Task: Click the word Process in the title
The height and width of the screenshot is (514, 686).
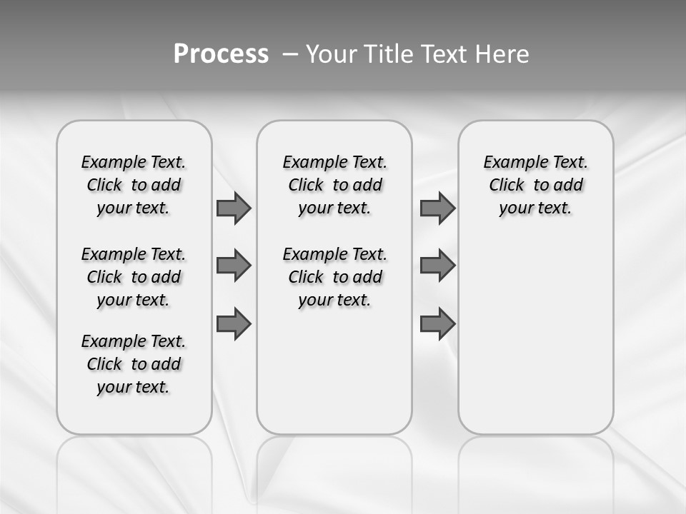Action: coord(221,54)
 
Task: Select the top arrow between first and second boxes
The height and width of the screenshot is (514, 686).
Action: coord(234,208)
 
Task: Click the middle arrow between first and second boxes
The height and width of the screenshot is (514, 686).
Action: coord(234,266)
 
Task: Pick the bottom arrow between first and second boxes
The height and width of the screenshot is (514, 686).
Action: coord(234,324)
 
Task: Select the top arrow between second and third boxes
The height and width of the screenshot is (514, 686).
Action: coord(437,208)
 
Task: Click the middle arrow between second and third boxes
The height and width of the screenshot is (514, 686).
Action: coord(437,266)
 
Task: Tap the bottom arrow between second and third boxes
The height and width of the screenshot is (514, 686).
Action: coord(437,324)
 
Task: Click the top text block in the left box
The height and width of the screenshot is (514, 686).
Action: coord(134,185)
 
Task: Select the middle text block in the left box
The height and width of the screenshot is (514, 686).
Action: coord(134,277)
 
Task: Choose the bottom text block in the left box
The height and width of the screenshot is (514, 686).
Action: coord(134,364)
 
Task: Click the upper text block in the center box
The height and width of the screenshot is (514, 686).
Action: coord(334,185)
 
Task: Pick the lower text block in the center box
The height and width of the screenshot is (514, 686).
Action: coord(334,277)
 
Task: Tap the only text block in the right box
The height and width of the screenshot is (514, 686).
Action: coord(535,185)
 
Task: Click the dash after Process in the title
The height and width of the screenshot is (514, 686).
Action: coord(289,54)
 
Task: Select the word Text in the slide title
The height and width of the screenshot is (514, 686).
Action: coord(445,54)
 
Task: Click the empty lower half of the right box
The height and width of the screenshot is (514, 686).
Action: coord(535,343)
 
